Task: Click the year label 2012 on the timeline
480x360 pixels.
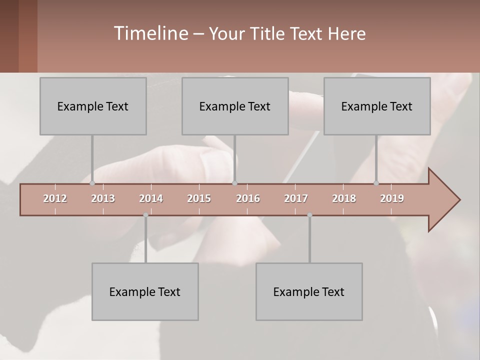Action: click(55, 198)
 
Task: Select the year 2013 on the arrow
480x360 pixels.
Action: click(103, 198)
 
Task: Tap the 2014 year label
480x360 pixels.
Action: click(151, 198)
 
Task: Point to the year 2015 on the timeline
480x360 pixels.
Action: click(199, 198)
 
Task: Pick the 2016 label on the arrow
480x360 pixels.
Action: click(248, 198)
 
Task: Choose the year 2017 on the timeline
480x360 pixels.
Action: click(296, 198)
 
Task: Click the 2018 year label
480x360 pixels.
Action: click(344, 198)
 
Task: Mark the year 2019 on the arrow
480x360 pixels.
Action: click(392, 198)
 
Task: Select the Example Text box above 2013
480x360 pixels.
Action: click(93, 106)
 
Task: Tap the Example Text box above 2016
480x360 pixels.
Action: click(235, 106)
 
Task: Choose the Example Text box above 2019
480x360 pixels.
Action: click(377, 106)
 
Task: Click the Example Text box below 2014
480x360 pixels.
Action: click(145, 291)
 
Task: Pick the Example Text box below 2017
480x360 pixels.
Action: click(309, 291)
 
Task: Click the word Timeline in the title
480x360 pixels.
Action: click(150, 33)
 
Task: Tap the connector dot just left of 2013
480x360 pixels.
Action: click(92, 183)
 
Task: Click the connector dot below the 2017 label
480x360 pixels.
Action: click(309, 215)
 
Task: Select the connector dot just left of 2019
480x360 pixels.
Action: click(376, 183)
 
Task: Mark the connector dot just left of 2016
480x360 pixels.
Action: click(234, 183)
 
